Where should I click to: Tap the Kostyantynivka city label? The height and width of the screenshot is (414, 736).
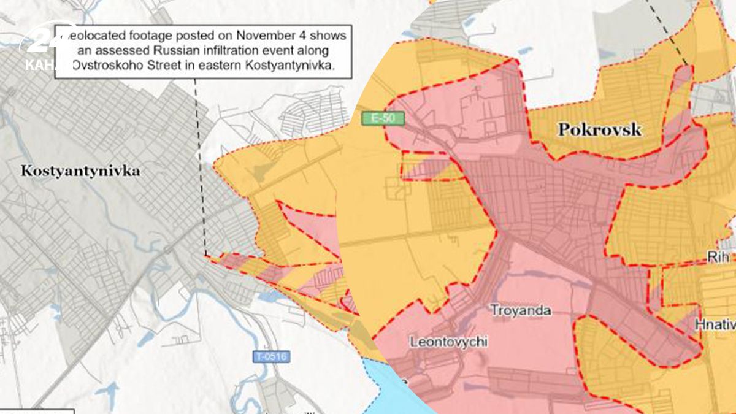pos(80,171)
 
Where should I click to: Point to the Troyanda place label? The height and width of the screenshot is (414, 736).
pos(520,311)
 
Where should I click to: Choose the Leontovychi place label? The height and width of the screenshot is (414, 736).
pos(449,342)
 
